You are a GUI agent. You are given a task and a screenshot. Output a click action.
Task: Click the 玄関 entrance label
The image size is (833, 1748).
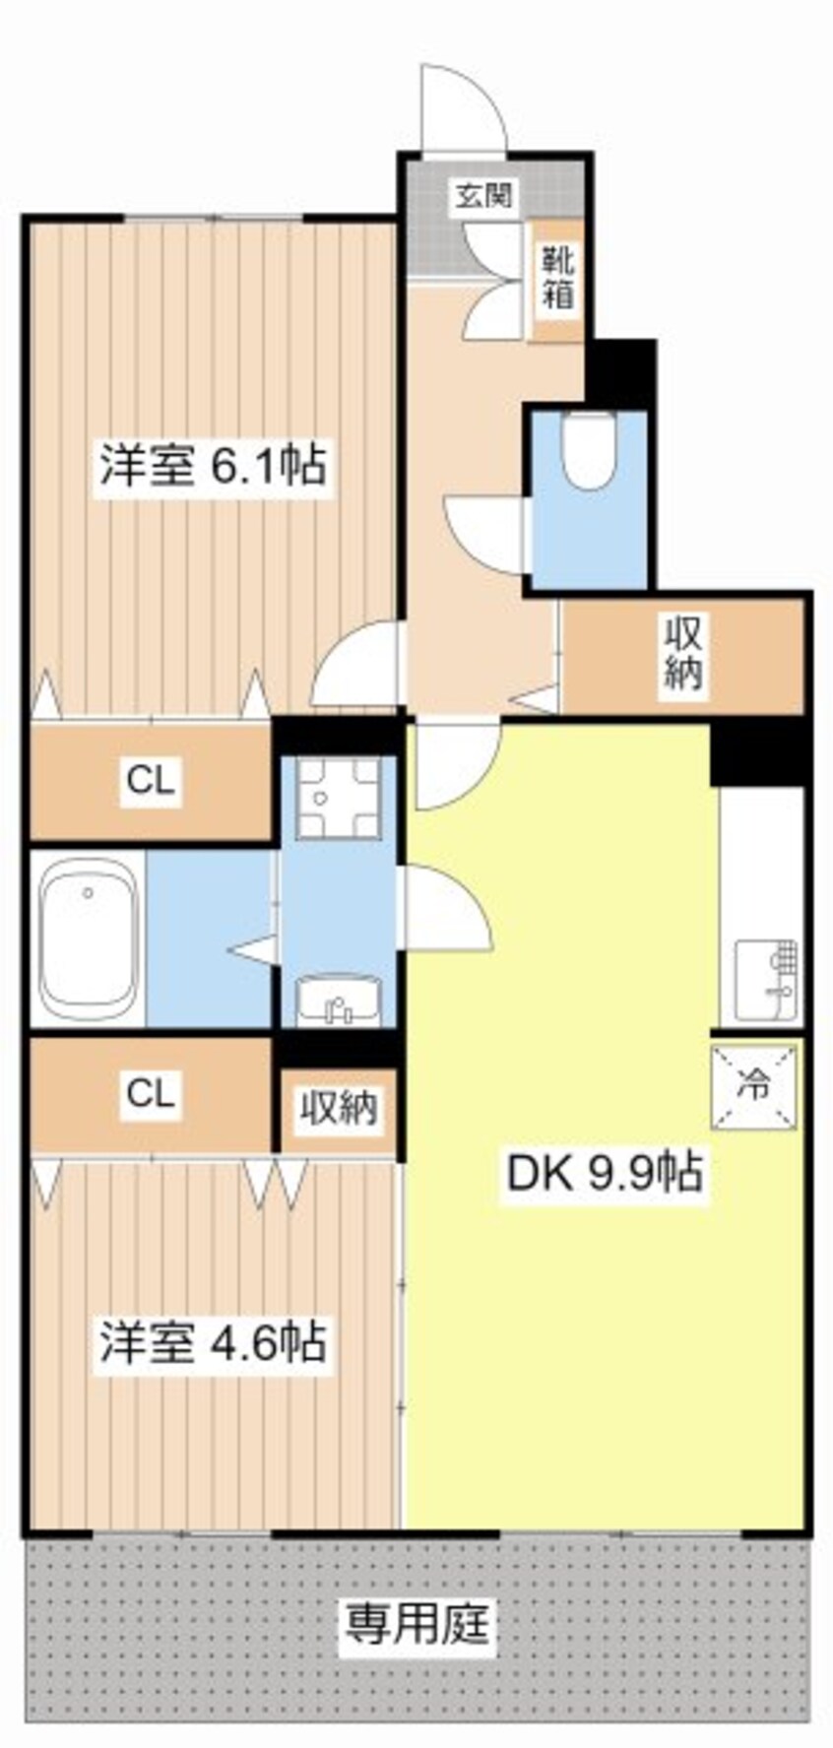coord(482,195)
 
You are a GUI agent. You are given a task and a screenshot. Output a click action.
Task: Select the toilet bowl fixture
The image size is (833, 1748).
coord(588,447)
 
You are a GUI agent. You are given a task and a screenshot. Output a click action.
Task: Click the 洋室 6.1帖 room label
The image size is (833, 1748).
coord(211,464)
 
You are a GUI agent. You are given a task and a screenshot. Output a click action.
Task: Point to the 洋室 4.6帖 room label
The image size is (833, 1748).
coord(211,1341)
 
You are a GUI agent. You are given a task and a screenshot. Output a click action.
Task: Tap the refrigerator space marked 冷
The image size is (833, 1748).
coord(755,1085)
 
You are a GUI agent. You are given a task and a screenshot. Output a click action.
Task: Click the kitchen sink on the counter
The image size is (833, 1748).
coord(767,981)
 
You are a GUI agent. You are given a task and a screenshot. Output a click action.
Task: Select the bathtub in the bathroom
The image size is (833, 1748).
coord(89,937)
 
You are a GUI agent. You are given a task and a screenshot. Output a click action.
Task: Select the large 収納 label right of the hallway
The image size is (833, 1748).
coord(682,652)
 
